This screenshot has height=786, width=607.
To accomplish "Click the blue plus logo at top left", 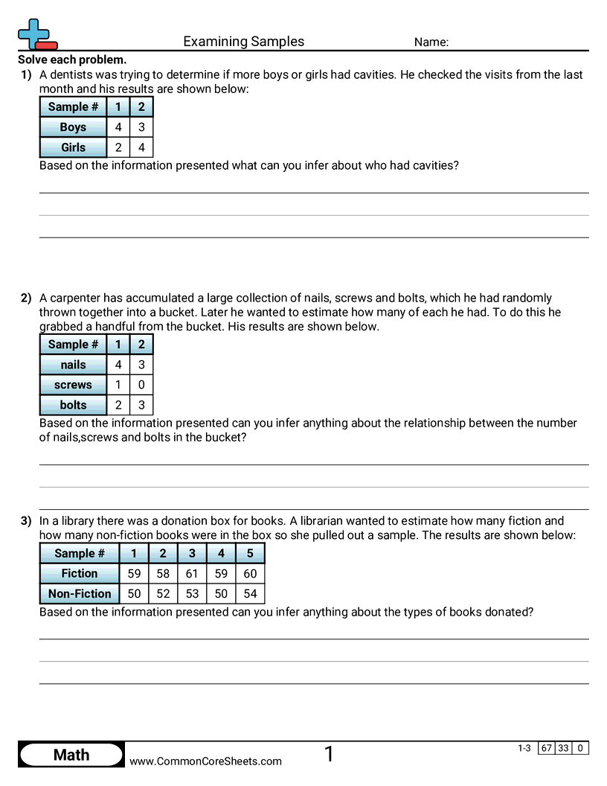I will (34, 34).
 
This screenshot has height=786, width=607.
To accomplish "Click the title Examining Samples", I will (244, 42).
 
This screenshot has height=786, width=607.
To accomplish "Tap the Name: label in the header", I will (431, 42).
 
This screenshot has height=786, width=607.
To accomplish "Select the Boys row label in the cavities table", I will (73, 127).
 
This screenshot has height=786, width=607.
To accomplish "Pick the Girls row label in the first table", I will (73, 147).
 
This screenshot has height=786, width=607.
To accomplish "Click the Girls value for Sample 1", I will (118, 147).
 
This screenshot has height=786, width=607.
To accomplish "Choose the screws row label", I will (73, 385).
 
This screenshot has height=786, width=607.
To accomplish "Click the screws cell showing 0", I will (141, 385).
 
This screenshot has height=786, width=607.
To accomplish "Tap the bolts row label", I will (73, 405).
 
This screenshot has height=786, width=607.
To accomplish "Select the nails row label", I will (73, 365).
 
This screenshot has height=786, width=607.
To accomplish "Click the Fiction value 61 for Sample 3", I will (192, 573).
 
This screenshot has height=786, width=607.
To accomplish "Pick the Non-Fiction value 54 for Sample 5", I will (250, 593).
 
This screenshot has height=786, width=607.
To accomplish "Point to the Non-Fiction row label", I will (80, 593).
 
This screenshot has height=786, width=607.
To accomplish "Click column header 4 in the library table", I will (221, 553).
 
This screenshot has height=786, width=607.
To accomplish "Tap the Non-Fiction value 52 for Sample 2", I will (163, 593).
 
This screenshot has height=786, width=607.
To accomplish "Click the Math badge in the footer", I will (71, 755).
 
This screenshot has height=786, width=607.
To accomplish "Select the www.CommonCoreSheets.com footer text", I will (206, 761).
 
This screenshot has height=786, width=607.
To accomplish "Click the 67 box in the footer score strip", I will (547, 748).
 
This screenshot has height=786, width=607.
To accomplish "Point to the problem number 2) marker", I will (26, 298).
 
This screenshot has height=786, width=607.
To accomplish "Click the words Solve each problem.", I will (72, 60).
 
